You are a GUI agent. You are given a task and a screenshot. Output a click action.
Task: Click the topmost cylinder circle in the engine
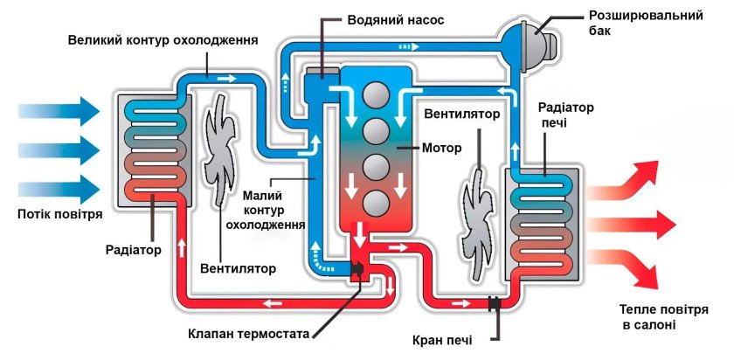(x=377, y=94)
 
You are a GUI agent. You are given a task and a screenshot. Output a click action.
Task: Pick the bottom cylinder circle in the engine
(x=377, y=202)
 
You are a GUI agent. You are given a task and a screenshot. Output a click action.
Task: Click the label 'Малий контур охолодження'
(x=267, y=210)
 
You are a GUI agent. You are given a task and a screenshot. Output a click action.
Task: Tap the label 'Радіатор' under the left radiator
(x=137, y=250)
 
